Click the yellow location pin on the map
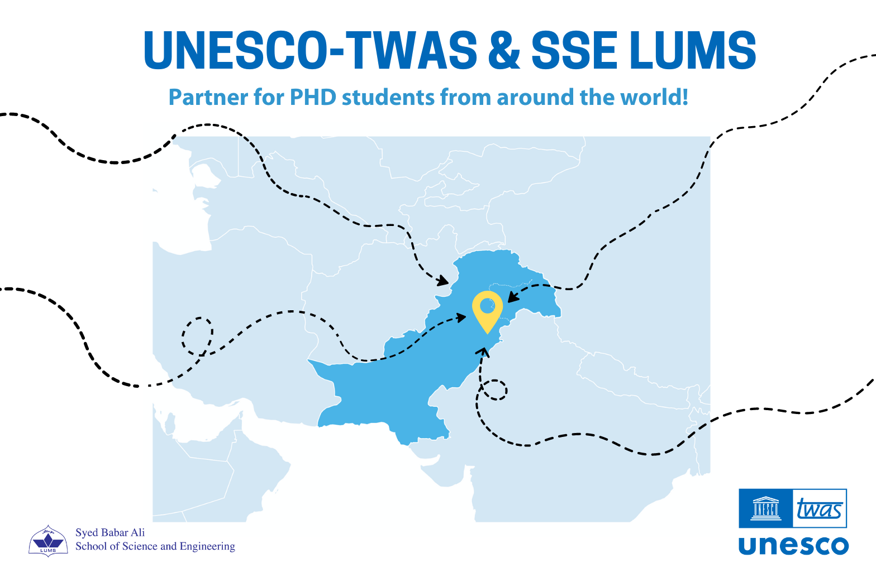(x=487, y=310)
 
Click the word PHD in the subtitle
(x=313, y=98)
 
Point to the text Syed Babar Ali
(x=110, y=532)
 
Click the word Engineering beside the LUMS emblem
(x=207, y=546)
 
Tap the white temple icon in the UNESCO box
(x=766, y=508)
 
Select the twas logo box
(x=820, y=508)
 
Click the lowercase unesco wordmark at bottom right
(x=793, y=545)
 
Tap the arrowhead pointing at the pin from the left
(x=461, y=318)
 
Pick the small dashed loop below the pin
(x=495, y=389)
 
